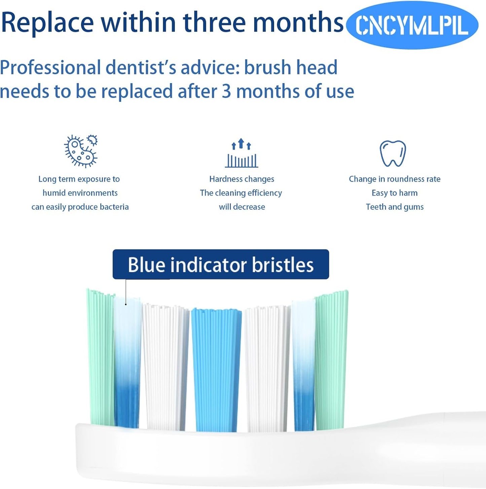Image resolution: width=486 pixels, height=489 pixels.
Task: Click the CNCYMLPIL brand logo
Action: [412, 25]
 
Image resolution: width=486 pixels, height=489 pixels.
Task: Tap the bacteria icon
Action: [81, 151]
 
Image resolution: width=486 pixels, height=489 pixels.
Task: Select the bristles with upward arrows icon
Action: [241, 153]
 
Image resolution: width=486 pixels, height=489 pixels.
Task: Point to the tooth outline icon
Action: [392, 154]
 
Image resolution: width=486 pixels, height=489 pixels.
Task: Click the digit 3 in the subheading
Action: [226, 92]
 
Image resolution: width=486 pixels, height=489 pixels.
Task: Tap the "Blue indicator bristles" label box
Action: [221, 264]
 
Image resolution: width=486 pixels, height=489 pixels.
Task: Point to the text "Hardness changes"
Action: [241, 179]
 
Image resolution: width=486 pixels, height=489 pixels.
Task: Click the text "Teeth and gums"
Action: [395, 207]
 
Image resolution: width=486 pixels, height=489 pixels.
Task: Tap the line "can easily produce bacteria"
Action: [80, 207]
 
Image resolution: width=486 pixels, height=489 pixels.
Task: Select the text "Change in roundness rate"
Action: [395, 179]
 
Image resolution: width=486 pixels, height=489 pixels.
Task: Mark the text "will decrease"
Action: [242, 207]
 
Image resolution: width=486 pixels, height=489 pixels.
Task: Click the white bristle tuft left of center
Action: [165, 367]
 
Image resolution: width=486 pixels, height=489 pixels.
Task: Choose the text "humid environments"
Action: [80, 193]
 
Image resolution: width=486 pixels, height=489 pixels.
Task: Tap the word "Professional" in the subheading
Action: [50, 67]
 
